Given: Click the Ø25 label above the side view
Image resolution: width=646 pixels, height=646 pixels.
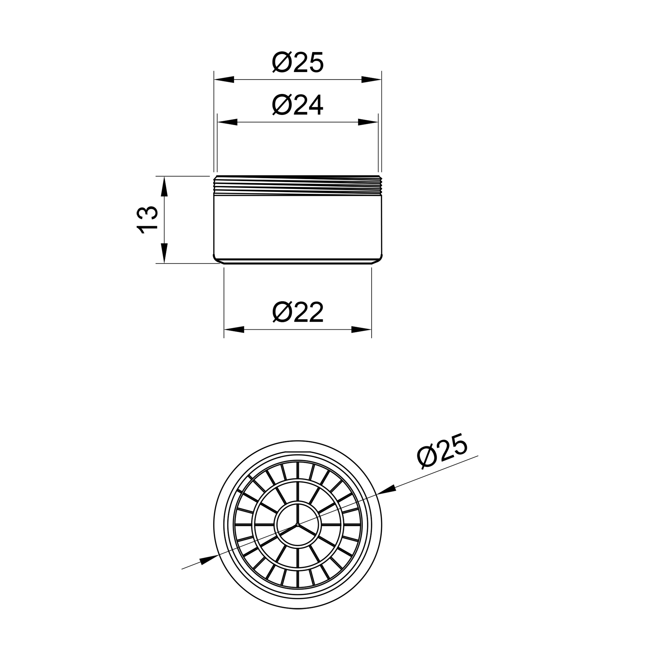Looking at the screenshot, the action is click(297, 62).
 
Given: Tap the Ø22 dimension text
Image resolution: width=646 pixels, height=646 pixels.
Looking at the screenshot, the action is click(297, 312).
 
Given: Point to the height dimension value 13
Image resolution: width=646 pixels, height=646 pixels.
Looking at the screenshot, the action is click(147, 220).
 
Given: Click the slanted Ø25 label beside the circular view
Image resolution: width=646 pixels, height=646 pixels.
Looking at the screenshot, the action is click(442, 451).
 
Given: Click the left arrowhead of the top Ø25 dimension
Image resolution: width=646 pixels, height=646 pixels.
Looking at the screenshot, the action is click(224, 79).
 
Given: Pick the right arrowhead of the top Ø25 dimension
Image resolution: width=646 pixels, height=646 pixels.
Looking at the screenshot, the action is click(371, 79).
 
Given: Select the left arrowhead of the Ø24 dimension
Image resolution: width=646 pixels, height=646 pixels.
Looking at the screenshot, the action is click(227, 122).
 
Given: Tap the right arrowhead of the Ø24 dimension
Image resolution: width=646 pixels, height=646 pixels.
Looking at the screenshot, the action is click(368, 122).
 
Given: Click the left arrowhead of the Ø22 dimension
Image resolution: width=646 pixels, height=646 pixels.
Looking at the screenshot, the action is click(234, 330).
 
